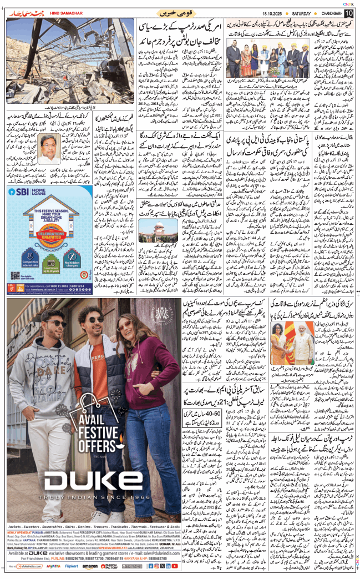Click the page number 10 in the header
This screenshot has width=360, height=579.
click(348, 12)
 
